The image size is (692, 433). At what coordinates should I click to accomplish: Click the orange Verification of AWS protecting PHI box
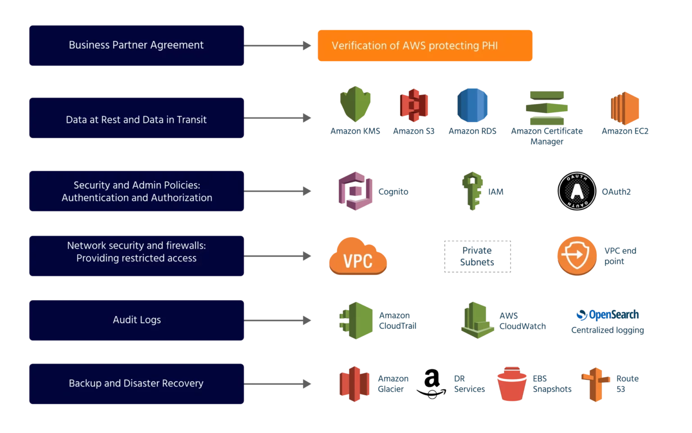[425, 46]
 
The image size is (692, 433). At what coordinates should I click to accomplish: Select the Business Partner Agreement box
[137, 45]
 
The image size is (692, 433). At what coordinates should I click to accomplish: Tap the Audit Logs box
[137, 320]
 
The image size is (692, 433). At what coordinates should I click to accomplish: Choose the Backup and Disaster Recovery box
[137, 383]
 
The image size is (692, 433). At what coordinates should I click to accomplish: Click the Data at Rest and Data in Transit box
[137, 119]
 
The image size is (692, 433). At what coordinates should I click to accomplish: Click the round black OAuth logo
[577, 192]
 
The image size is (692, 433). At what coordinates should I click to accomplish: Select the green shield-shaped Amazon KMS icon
[355, 104]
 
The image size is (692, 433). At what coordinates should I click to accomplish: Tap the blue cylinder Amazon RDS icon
[472, 105]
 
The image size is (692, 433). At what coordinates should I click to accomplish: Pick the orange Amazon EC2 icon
[625, 108]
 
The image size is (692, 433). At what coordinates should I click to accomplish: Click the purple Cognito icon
[355, 191]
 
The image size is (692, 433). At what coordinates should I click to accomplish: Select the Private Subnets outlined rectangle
[477, 256]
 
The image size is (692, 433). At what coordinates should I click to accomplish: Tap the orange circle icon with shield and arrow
[577, 255]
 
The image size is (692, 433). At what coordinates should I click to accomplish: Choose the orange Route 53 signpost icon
[596, 384]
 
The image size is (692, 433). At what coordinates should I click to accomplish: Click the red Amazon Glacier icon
[355, 383]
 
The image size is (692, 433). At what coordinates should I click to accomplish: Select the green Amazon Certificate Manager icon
[546, 108]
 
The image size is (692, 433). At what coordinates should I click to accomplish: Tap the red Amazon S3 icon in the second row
[413, 105]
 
